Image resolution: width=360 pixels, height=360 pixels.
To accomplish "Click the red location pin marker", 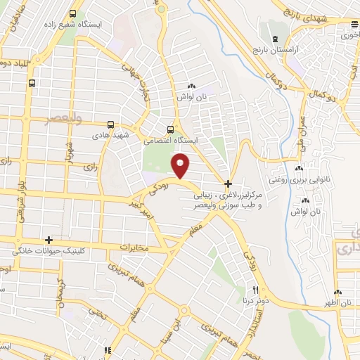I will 181,166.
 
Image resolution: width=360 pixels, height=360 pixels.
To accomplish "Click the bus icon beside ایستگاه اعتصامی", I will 169,129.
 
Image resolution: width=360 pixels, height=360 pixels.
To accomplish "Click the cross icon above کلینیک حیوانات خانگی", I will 48,240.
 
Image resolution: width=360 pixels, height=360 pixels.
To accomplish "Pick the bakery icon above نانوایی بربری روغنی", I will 299,169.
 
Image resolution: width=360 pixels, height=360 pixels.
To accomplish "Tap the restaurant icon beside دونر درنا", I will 256,290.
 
